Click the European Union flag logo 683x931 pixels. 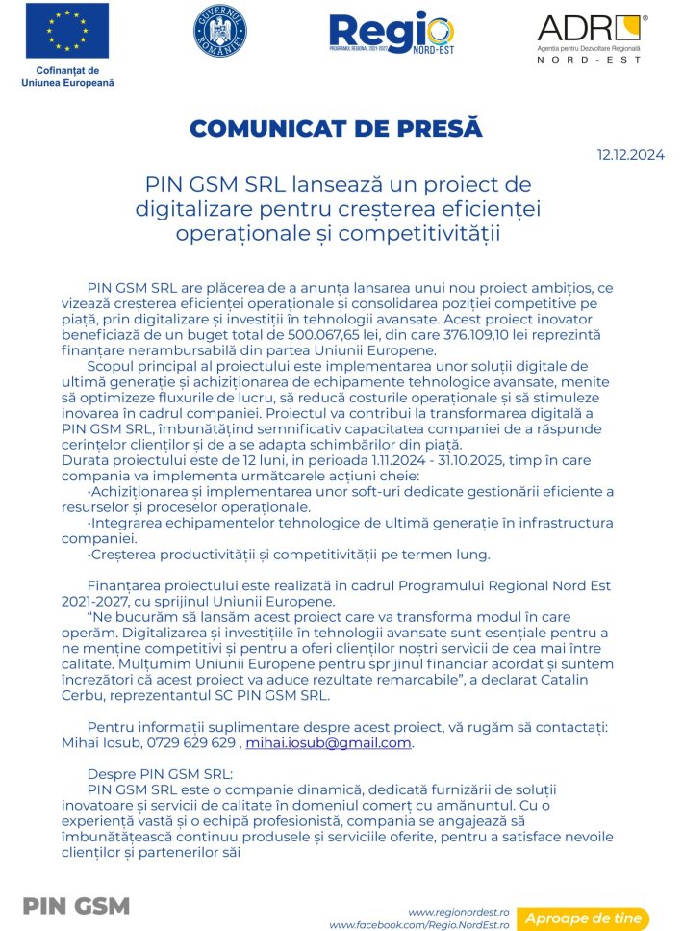pyautogui.click(x=66, y=31)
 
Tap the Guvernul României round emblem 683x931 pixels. pyautogui.click(x=220, y=31)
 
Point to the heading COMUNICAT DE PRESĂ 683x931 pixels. pyautogui.click(x=336, y=129)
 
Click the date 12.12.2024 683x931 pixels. pyautogui.click(x=630, y=154)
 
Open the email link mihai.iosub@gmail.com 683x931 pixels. pyautogui.click(x=329, y=743)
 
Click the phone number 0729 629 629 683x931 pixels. pyautogui.click(x=193, y=743)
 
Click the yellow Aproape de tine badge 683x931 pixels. pyautogui.click(x=583, y=918)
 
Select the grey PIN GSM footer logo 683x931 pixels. pyautogui.click(x=76, y=907)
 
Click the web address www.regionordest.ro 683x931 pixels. pyautogui.click(x=458, y=911)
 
